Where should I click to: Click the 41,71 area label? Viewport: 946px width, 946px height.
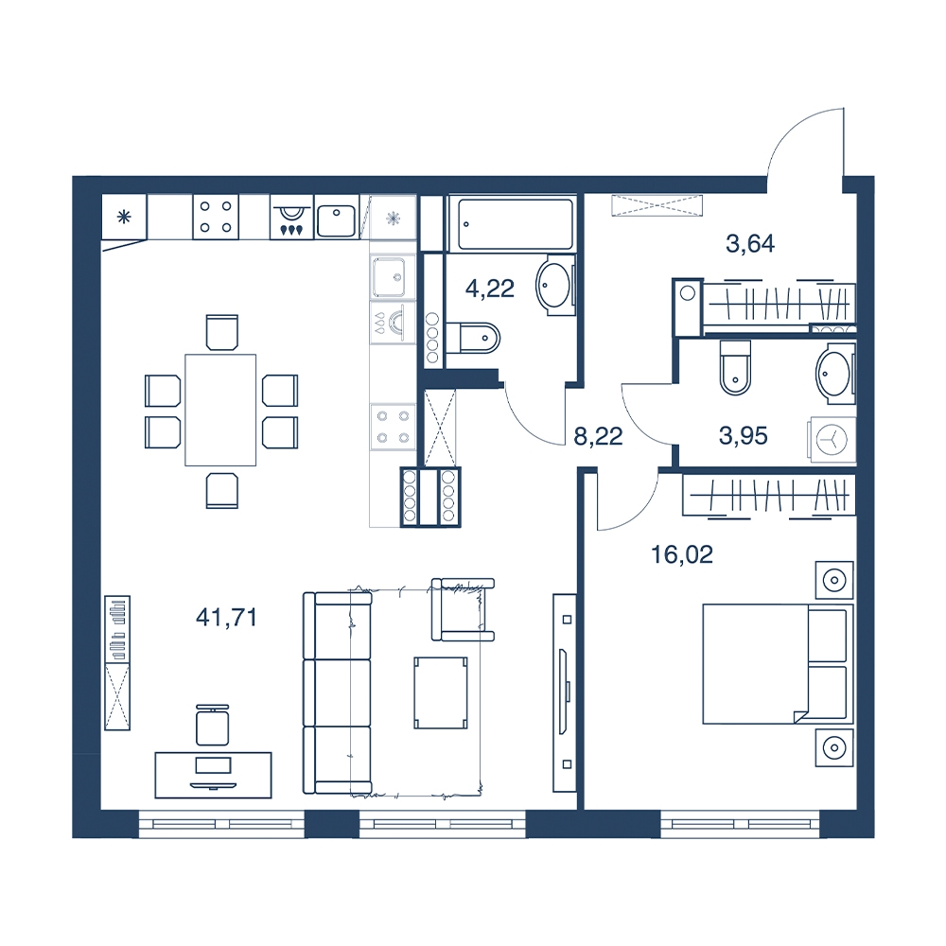click(x=227, y=617)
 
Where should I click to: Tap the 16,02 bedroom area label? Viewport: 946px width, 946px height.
click(x=682, y=554)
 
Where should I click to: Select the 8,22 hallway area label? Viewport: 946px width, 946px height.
click(x=598, y=436)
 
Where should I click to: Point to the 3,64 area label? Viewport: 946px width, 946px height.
click(x=750, y=244)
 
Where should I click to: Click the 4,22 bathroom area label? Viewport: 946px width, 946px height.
click(x=489, y=289)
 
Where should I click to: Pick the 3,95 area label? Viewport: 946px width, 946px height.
click(x=744, y=435)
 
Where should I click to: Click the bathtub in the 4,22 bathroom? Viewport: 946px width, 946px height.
click(x=515, y=224)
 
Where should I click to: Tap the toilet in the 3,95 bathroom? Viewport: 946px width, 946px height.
click(x=735, y=367)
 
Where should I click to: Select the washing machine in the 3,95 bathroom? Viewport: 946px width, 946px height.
click(x=832, y=440)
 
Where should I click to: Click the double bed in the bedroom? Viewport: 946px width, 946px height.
click(x=778, y=664)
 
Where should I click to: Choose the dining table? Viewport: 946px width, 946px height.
click(x=220, y=411)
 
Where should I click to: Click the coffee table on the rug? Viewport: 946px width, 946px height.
click(x=441, y=692)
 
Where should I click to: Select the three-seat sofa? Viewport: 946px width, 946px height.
click(x=337, y=692)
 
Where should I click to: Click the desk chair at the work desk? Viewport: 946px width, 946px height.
click(x=212, y=725)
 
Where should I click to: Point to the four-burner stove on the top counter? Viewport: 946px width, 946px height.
click(x=216, y=217)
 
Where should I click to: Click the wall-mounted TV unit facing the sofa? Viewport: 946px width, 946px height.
click(x=566, y=692)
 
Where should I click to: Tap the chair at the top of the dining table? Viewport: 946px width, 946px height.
click(x=222, y=332)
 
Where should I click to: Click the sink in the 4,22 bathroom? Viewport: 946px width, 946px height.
click(x=553, y=284)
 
